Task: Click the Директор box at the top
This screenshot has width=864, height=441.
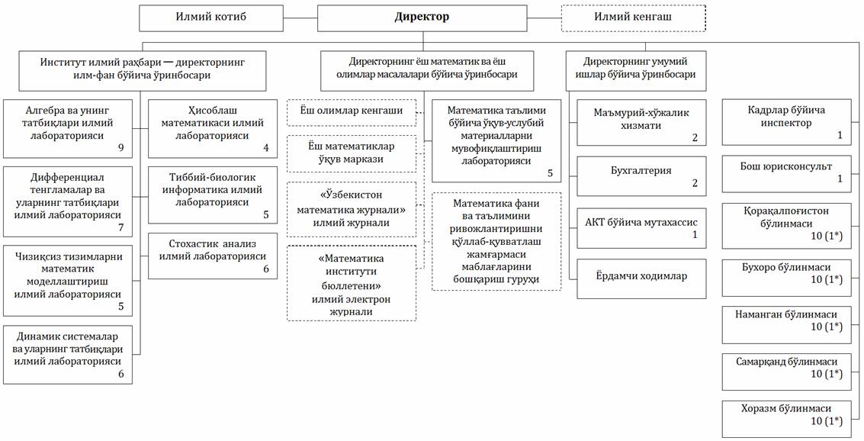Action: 420,17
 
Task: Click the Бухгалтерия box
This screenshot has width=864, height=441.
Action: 642,175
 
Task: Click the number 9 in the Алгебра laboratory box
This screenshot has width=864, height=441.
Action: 120,145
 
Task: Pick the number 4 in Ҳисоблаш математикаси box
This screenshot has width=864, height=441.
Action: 265,148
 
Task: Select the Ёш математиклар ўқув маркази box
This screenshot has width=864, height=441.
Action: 352,153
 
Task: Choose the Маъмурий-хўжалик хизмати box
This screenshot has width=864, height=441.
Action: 642,122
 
